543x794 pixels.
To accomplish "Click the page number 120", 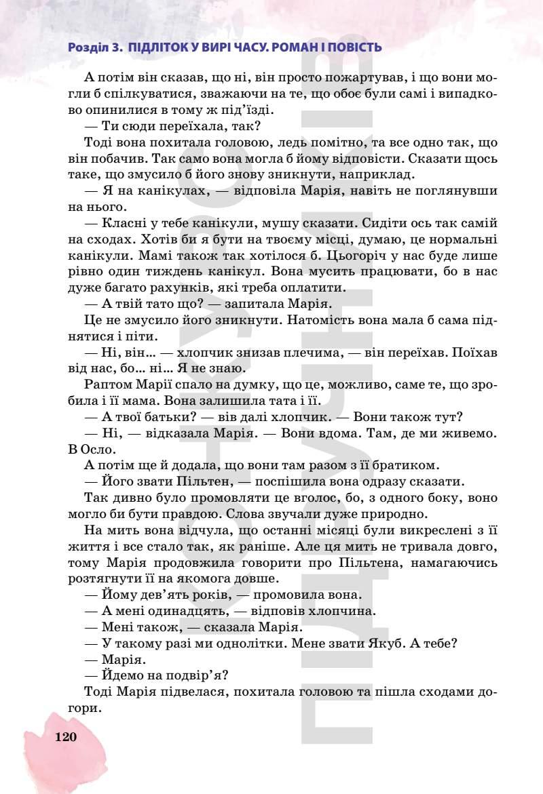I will click(66, 737).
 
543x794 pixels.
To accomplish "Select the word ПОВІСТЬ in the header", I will click(353, 48).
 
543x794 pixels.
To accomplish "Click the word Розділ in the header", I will click(88, 48).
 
